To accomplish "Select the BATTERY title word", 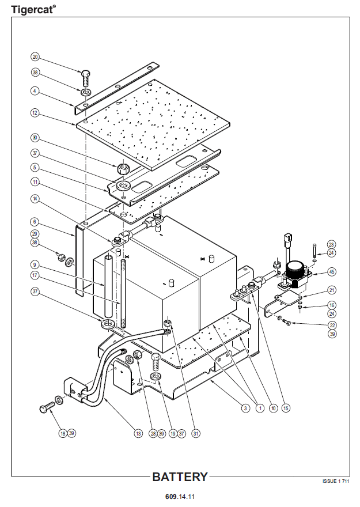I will point(179,477).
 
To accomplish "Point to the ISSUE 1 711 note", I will point(335,480).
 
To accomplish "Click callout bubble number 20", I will point(35,57).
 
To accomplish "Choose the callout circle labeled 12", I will point(35,113).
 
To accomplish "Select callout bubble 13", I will point(138,433).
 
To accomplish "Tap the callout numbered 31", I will point(196,433).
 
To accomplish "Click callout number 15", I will point(286,408).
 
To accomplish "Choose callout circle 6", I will point(35,221).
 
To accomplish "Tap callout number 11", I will point(35,182).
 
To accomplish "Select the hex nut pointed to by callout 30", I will point(122,169).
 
